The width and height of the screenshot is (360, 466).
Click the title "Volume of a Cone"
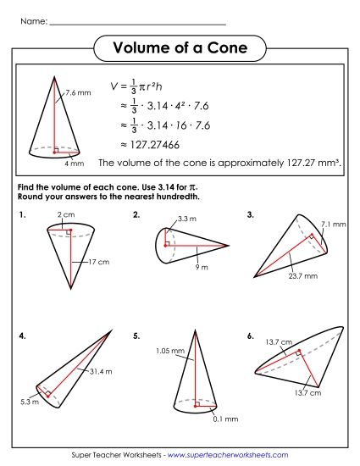pyautogui.click(x=180, y=48)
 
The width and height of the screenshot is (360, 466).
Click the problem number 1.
pyautogui.click(x=21, y=215)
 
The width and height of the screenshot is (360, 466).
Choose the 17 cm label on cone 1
pyautogui.click(x=99, y=262)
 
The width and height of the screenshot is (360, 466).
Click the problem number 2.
pyautogui.click(x=136, y=215)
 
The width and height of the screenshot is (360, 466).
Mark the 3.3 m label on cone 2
pyautogui.click(x=187, y=219)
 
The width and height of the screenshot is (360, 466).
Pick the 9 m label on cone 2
pyautogui.click(x=201, y=267)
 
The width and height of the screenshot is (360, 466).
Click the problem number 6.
pyautogui.click(x=251, y=336)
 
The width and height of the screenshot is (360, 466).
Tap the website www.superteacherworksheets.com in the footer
pyautogui.click(x=228, y=455)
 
